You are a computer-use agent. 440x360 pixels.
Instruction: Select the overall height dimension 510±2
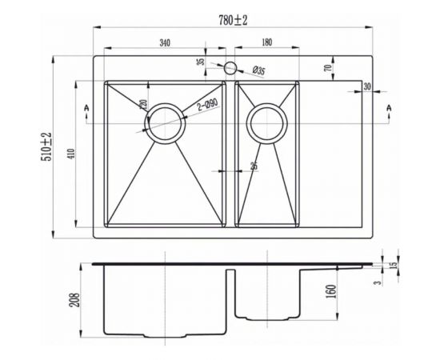48,147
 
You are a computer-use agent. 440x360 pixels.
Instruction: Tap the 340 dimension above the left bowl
165,42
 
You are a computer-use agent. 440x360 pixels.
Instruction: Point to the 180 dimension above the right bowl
266,42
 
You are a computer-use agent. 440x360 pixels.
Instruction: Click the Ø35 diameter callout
258,71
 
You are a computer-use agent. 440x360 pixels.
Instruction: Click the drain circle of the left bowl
166,123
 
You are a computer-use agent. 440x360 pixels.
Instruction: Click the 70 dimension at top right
328,69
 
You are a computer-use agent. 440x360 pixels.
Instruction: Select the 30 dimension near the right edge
367,86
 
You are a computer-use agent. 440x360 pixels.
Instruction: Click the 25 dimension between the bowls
253,166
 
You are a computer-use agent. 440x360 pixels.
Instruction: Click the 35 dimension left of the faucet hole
201,61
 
